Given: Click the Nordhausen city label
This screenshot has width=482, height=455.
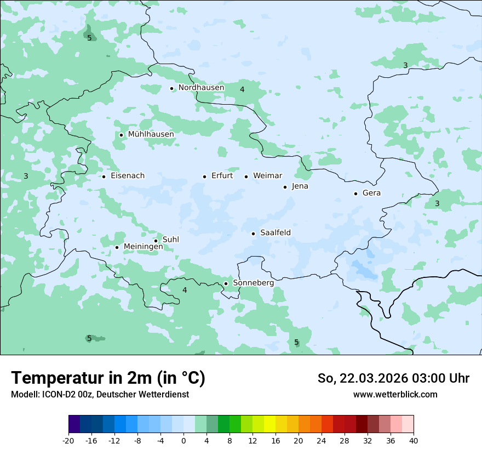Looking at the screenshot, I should pos(201,88).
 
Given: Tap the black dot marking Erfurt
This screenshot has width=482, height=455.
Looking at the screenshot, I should pos(204,177).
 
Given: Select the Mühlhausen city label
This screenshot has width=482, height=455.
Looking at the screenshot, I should pos(151,134).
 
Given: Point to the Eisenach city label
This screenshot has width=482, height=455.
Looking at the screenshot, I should pos(128,176).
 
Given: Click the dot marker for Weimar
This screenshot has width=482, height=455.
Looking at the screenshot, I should pos(246,177).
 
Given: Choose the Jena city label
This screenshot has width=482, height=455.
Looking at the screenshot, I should pos(300,186).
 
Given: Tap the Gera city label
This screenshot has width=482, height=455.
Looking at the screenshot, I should pos(371,193).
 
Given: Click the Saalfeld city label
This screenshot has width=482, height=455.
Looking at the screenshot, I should pos(275,233).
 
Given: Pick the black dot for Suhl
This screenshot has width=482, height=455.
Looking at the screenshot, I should pos(156,241).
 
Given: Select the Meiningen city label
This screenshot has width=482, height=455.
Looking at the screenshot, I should pos(143,247).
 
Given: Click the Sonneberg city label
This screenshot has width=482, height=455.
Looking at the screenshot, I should pos(253,283).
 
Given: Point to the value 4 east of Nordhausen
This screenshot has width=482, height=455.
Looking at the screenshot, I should pos(242,89).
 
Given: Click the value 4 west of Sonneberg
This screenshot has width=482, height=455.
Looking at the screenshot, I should pos(185,290).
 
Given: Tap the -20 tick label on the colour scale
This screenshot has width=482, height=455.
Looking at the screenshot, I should pos(68,441).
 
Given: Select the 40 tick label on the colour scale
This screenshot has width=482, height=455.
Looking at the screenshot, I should pos(414,441).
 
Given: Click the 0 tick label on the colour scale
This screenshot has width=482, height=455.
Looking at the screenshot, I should pos(183,441).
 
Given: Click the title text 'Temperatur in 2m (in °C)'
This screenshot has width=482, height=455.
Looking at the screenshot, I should pos(108,378).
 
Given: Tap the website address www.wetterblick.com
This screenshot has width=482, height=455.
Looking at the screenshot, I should pos(395,395).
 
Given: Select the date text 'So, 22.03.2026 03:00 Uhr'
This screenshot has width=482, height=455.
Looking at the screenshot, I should pos(393,378).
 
